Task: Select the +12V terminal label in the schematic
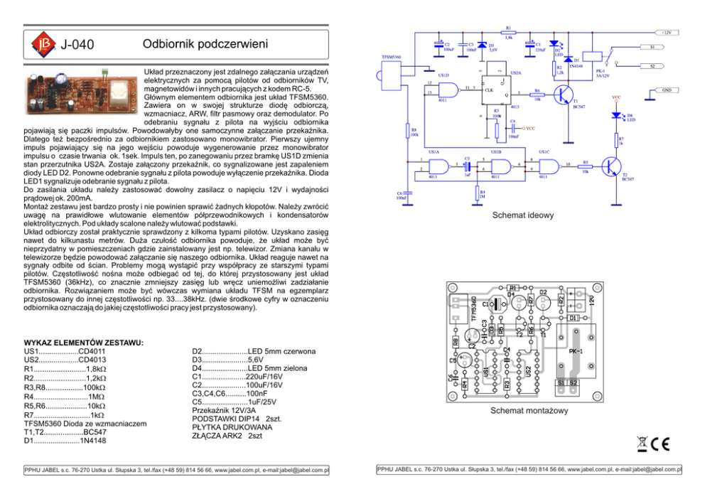pyautogui.click(x=666, y=33)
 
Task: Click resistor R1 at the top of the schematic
pyautogui.click(x=507, y=33)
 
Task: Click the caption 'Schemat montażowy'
pyautogui.click(x=521, y=411)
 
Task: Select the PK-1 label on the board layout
pyautogui.click(x=576, y=351)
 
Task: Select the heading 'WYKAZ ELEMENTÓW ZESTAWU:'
pyautogui.click(x=84, y=342)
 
